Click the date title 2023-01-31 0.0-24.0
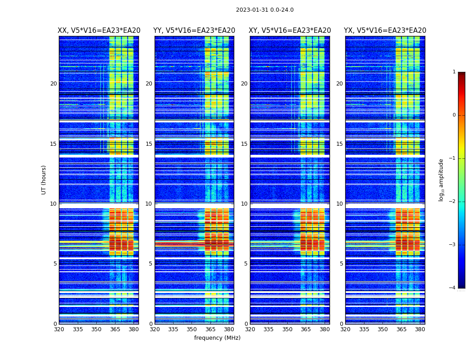pos(265,10)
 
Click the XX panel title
pos(99,31)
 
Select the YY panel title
pos(194,31)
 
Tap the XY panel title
pos(290,31)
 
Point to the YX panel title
pos(385,31)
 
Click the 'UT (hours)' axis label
pos(44,180)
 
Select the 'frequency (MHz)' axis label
pos(217,338)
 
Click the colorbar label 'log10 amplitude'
pos(441,180)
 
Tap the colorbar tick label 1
pos(454,72)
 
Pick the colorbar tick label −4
pos(453,288)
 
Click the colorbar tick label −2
pos(453,202)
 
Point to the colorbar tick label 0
pos(454,115)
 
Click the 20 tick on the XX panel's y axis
pos(53,84)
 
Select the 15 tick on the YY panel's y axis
pos(149,144)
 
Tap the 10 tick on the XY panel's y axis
pos(244,204)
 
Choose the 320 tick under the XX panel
pos(59,329)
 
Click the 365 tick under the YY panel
pos(210,329)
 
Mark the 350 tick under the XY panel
pos(287,329)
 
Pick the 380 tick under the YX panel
pos(420,329)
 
